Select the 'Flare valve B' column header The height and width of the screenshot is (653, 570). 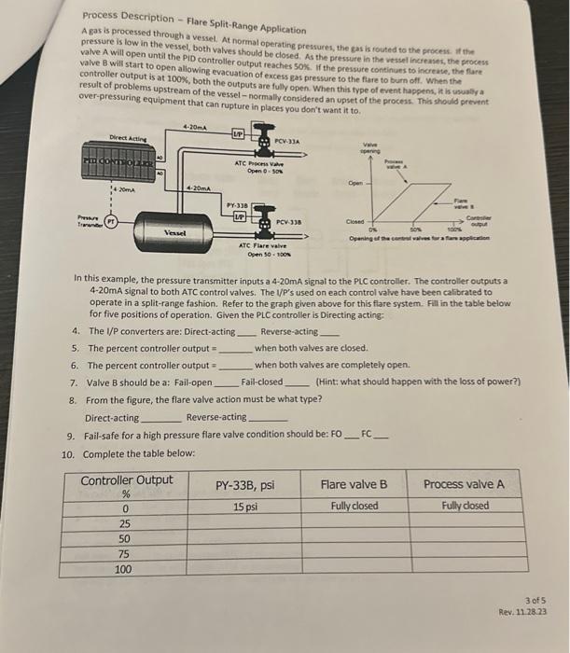tap(354, 484)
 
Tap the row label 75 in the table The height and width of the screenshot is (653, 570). tap(124, 553)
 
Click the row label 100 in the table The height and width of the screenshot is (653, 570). tap(123, 569)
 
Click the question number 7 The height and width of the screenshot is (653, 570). tap(74, 382)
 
